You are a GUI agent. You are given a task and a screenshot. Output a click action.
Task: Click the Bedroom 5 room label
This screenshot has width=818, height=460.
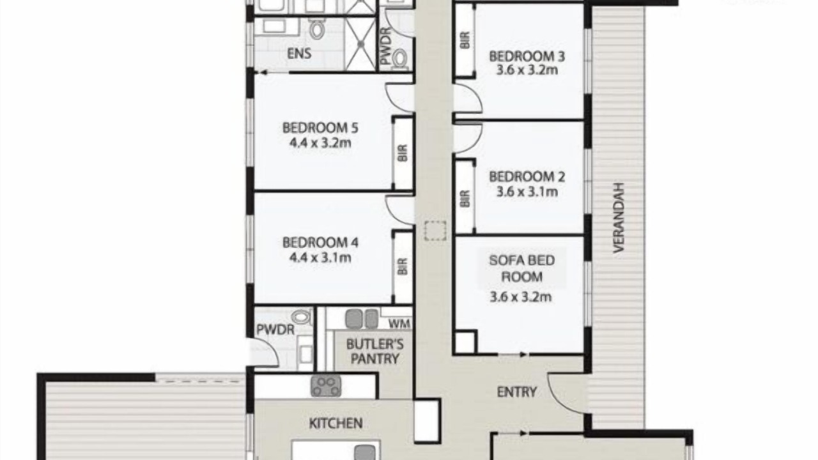320,128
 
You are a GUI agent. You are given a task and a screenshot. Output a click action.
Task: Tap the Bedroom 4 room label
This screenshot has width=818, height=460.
320,243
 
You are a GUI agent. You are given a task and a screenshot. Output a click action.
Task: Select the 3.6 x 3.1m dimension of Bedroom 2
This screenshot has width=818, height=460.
527,192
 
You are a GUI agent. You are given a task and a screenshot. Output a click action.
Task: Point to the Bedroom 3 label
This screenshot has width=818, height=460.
527,57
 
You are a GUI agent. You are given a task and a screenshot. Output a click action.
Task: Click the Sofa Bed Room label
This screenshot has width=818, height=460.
522,268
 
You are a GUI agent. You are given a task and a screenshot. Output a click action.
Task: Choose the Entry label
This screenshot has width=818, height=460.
517,392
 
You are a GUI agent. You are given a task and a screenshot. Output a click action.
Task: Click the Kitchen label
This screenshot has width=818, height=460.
336,424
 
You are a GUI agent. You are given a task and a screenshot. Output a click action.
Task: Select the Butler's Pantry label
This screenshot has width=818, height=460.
374,351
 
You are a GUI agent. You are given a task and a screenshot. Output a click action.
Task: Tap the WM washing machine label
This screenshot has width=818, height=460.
399,324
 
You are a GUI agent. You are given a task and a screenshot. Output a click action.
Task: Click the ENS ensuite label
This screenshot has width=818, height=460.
299,54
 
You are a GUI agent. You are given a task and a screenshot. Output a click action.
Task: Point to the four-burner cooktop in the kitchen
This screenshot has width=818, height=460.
326,387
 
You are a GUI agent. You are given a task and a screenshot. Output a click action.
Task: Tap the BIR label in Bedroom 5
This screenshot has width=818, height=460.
403,153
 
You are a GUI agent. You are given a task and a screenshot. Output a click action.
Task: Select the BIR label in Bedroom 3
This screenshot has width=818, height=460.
465,40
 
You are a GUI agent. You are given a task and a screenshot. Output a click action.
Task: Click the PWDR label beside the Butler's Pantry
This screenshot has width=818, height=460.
275,330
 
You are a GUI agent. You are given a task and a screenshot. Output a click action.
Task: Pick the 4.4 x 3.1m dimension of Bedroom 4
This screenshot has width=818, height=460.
320,258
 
